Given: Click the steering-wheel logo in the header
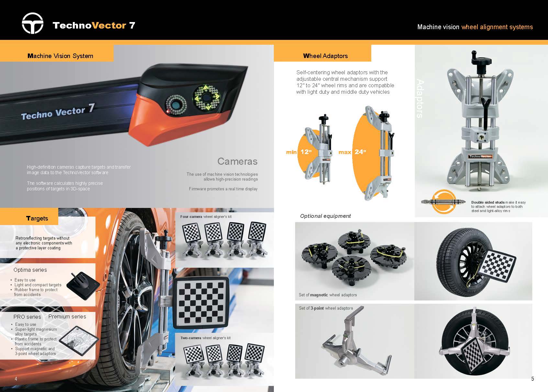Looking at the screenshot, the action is tap(33, 23).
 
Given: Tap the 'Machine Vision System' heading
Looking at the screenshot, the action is tap(60, 56).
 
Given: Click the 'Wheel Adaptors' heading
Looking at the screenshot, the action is tap(325, 56).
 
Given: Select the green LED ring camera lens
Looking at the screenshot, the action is tap(207, 97).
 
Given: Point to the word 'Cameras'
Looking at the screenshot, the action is tap(237, 161).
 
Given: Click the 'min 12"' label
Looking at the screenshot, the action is tap(299, 152).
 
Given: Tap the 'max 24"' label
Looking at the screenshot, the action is tap(352, 152).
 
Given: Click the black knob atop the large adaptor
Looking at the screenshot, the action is tap(481, 59).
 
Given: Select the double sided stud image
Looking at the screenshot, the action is tap(443, 202).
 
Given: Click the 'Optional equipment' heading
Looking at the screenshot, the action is tap(325, 216).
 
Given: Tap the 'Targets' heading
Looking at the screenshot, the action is tap(37, 218).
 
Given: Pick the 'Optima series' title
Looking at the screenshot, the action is tap(30, 270).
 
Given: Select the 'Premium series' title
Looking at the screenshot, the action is tap(67, 316).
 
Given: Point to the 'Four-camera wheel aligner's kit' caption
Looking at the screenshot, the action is tap(206, 217).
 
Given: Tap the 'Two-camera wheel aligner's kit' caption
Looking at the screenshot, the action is tap(206, 338).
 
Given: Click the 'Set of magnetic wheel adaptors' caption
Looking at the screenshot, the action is tap(328, 295).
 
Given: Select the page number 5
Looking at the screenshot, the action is tap(532, 379).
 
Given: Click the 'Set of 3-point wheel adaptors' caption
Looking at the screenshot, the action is tap(326, 308).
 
